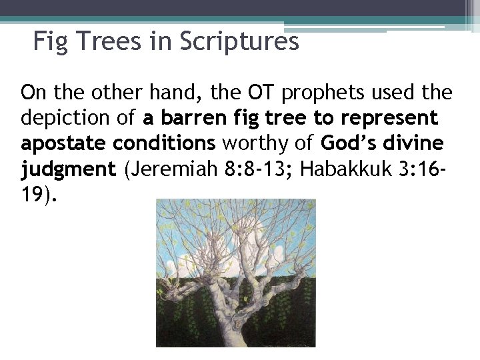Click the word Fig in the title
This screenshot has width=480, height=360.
click(x=48, y=43)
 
